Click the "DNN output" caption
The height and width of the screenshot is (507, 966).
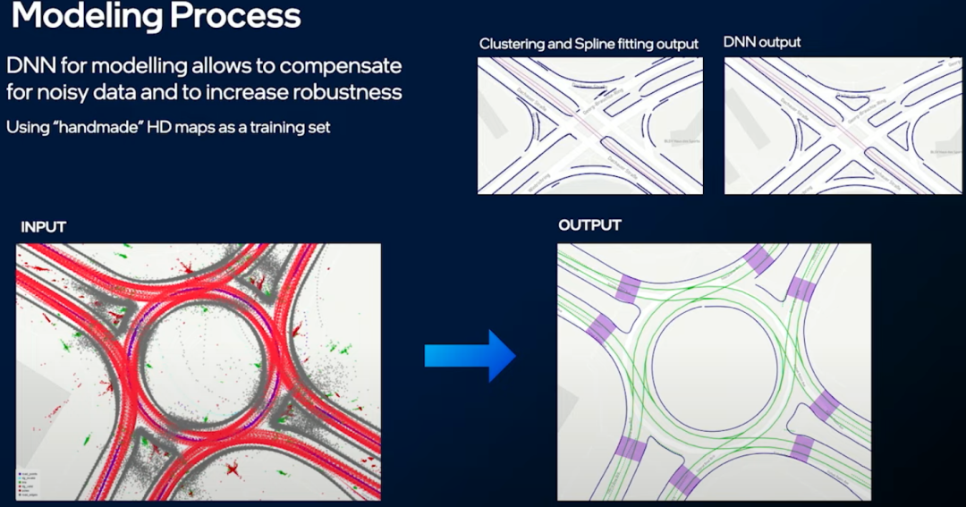[x=762, y=42]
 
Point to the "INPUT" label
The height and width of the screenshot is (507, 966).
[x=43, y=227]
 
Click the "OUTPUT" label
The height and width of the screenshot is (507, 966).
[x=589, y=224]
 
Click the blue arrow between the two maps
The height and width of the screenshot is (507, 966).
[x=470, y=355]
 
